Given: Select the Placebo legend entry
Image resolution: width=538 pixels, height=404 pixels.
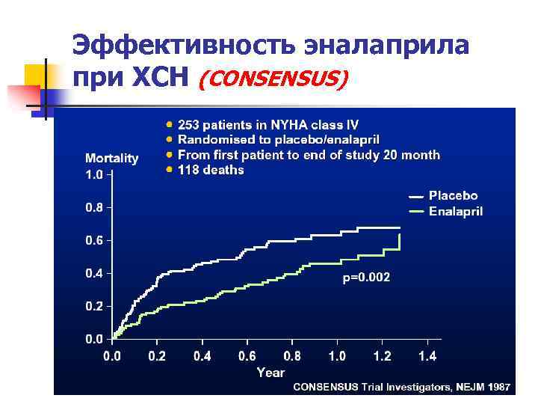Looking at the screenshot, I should coord(453,196).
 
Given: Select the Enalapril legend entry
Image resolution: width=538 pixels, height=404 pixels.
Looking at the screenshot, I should coord(455,212).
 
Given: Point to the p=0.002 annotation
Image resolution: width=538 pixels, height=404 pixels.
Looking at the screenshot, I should coord(365,278).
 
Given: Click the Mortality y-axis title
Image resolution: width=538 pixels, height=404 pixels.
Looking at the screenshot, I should coord(111,158).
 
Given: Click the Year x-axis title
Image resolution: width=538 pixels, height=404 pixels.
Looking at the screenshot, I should coord(270,372).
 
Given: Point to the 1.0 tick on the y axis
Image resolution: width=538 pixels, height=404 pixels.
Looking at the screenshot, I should coord(94,174).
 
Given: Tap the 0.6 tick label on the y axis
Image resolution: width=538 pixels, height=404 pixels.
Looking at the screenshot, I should coord(94,240).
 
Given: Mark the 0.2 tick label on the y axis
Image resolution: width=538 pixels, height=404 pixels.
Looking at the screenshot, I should coord(94,306).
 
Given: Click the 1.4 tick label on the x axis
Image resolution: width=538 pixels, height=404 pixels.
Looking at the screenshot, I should coord(428,356).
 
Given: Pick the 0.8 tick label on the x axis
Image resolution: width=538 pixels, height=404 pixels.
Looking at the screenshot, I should coord(293,356).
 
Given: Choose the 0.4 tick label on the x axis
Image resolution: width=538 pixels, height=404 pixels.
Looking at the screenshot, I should coord(202,356).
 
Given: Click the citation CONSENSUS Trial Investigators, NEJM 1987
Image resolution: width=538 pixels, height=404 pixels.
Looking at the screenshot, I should coord(401,387).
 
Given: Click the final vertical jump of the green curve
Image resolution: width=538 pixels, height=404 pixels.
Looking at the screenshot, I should coord(400,242).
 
